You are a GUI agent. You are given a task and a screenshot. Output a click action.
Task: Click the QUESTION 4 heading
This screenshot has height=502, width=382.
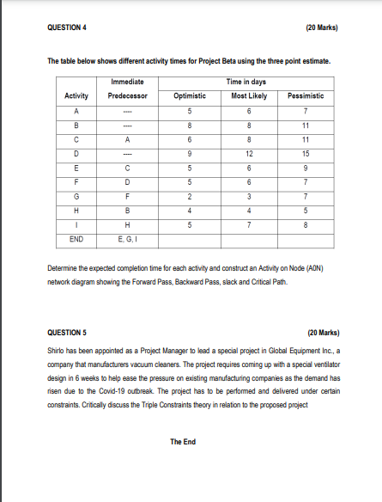(69, 26)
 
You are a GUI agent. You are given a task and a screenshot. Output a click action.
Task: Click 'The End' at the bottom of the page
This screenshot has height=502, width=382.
(182, 442)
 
